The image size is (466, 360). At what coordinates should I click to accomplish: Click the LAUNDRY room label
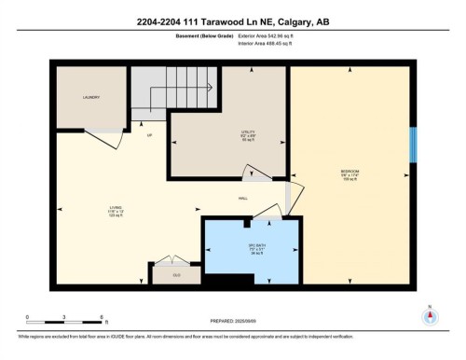coord(90,97)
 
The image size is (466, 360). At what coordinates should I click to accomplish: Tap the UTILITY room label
coord(248,134)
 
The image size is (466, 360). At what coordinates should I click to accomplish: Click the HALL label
coord(242,200)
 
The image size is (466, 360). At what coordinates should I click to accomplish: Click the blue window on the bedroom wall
coord(413,145)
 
